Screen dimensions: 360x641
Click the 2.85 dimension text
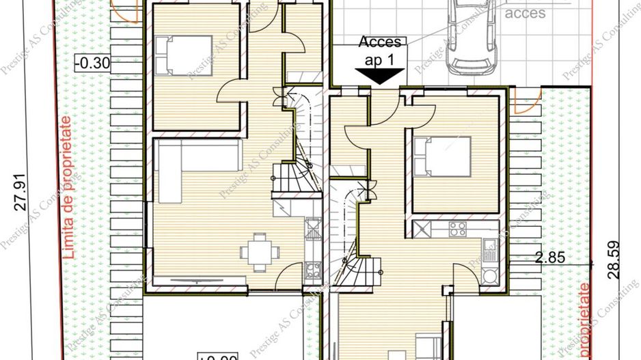click(x=547, y=258)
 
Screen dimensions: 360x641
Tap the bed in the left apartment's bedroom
click(x=178, y=55)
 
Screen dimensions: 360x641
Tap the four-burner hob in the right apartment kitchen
click(x=457, y=228)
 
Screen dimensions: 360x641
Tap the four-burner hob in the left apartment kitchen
click(x=313, y=271)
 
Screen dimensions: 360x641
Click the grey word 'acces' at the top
click(x=525, y=13)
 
